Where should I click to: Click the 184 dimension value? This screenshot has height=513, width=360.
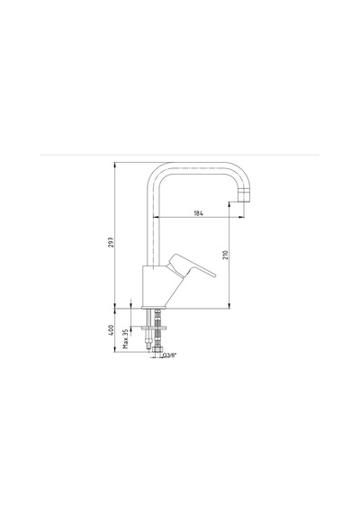[199, 213]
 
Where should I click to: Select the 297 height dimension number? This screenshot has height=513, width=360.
[112, 242]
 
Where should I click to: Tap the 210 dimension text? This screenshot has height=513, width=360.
[225, 255]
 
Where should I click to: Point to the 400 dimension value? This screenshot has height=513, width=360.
[112, 329]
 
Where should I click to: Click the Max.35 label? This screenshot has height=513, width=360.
[126, 338]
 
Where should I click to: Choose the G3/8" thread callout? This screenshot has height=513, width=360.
[169, 355]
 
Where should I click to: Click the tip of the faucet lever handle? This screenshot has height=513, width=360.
[215, 275]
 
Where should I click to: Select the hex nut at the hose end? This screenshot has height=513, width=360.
[157, 350]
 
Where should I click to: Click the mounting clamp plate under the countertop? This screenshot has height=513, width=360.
[154, 328]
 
